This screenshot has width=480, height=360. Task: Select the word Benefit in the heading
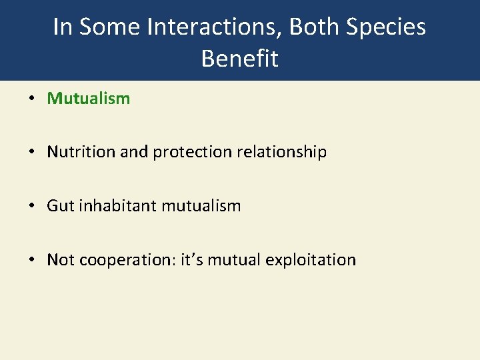(239, 59)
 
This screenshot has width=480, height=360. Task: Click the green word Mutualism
(88, 99)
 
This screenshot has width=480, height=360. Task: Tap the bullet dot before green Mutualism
(31, 99)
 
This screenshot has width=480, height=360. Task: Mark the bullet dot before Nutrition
(31, 153)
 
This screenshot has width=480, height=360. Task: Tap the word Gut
(60, 206)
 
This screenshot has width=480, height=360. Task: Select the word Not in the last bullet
(61, 259)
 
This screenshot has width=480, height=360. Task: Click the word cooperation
(127, 260)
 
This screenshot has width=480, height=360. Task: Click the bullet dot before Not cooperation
(31, 260)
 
